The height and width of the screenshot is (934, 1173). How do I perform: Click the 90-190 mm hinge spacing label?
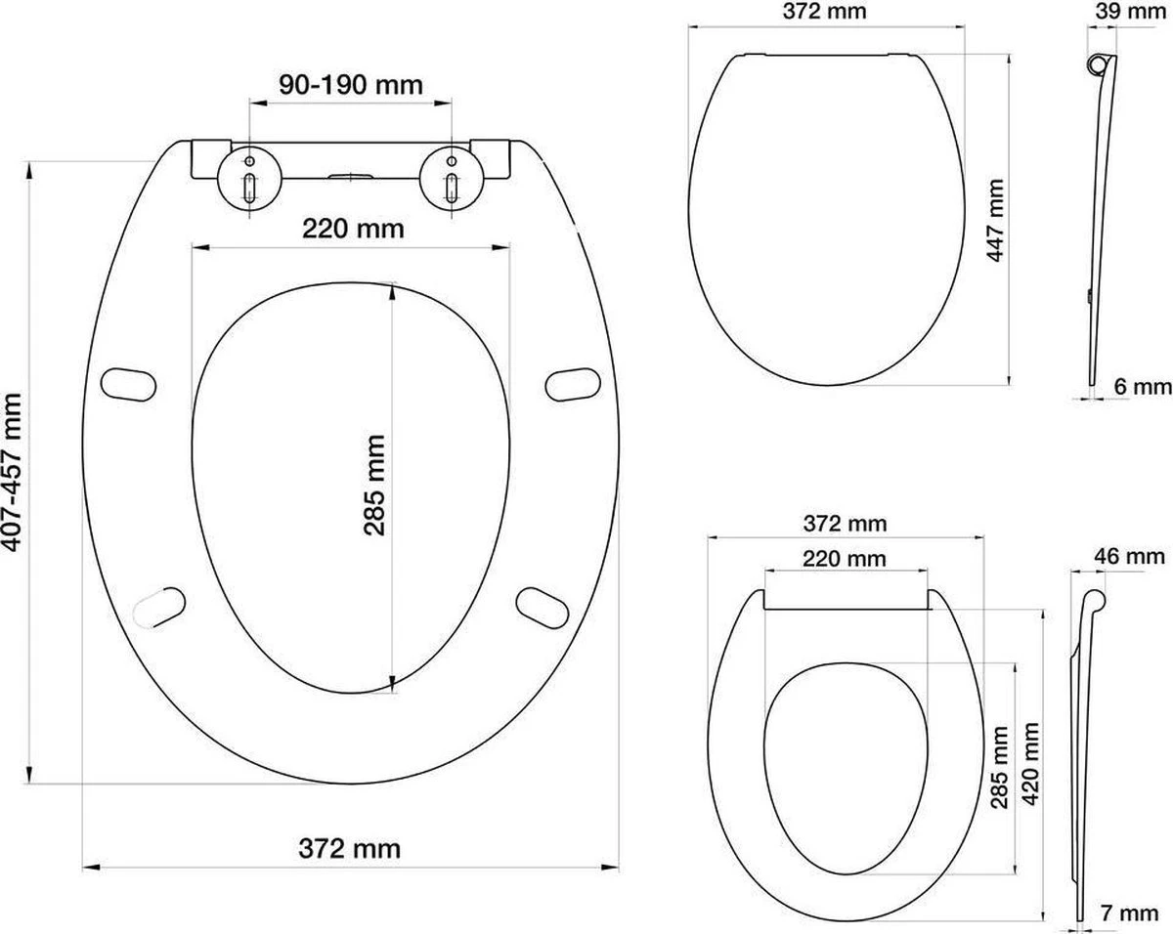click(x=351, y=85)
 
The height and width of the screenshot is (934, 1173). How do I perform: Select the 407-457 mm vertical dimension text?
click(x=13, y=473)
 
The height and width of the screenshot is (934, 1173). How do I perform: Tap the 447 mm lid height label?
click(x=994, y=220)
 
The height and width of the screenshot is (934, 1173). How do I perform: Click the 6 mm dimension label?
click(x=1142, y=387)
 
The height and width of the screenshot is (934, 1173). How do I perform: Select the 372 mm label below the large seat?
click(x=351, y=847)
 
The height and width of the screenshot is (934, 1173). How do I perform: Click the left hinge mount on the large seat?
click(x=249, y=176)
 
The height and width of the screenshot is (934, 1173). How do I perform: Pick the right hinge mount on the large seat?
click(x=453, y=176)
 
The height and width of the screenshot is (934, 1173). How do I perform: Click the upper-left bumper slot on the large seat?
click(x=130, y=382)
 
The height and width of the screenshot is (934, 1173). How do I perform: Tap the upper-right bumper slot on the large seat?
click(x=573, y=382)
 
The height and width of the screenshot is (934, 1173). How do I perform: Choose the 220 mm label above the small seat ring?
click(x=844, y=559)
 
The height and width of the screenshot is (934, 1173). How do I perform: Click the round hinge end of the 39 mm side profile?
click(x=1100, y=64)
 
